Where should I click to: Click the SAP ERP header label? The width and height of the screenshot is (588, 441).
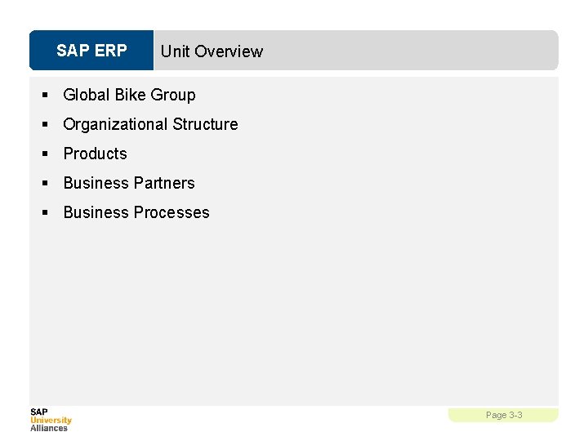click(91, 51)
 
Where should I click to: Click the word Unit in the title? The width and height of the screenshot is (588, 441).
click(175, 51)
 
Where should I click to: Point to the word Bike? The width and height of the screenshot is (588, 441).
click(130, 95)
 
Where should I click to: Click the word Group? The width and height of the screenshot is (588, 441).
click(173, 96)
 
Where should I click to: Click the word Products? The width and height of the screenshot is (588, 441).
click(96, 154)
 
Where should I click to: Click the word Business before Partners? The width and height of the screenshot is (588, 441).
click(96, 183)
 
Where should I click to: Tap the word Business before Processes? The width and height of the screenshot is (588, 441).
click(96, 212)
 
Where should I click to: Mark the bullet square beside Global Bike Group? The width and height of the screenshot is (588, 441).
click(47, 96)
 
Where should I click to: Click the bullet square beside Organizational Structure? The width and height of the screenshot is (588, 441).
click(47, 125)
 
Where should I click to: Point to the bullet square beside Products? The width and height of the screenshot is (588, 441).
click(47, 154)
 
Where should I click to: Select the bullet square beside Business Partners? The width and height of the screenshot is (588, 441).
click(47, 184)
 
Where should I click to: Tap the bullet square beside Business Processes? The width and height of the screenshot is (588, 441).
click(47, 213)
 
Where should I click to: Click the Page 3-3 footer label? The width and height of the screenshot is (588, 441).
click(504, 416)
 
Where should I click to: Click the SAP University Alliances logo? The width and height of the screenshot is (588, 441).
click(51, 420)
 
